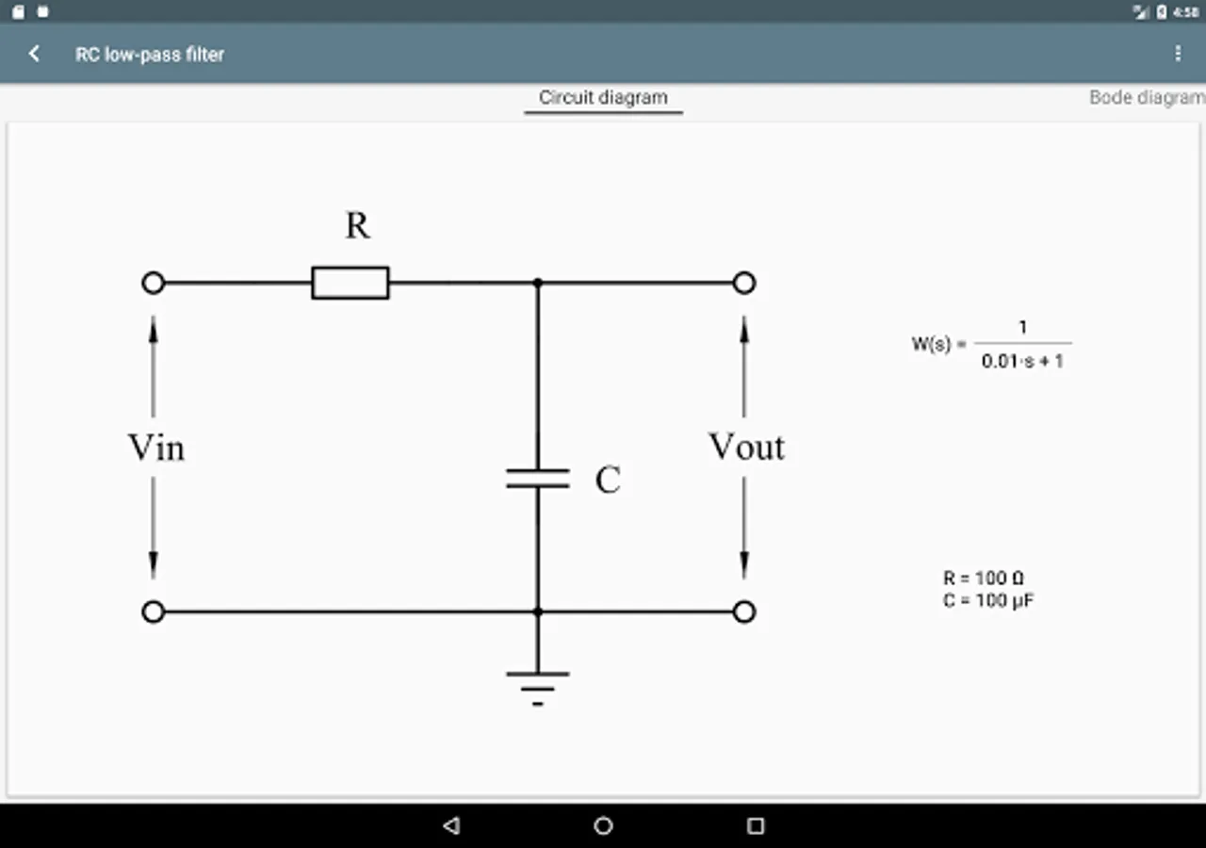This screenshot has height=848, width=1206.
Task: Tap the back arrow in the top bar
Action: pos(35,54)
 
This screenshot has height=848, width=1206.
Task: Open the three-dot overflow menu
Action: pos(1178,54)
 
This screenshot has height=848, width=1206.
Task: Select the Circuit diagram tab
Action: pos(603,97)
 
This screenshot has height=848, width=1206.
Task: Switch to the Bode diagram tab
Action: pos(1146,97)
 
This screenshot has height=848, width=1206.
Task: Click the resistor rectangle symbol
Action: pos(350,283)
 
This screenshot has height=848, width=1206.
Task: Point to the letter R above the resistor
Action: pos(357,226)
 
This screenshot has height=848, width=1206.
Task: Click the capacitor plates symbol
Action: pos(538,478)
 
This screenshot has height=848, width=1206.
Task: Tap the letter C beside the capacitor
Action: pos(608,481)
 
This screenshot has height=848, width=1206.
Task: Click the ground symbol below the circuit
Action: pos(538,686)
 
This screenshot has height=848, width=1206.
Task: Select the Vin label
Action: pos(156,448)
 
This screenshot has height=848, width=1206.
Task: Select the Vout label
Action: pos(746,448)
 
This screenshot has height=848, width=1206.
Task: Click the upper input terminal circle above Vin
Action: pos(154,283)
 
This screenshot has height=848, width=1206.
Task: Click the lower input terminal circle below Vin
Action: pos(154,612)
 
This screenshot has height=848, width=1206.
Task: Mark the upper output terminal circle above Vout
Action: pos(744,283)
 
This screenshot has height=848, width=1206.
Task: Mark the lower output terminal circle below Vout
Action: pos(744,612)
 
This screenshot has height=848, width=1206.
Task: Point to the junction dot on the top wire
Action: pos(538,283)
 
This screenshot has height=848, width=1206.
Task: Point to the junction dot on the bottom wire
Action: pos(538,612)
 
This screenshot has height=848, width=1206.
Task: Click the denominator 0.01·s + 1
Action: pos(1022,361)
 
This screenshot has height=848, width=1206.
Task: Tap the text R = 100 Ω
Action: pos(984,579)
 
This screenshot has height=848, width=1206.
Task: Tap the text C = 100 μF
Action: pos(988,600)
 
